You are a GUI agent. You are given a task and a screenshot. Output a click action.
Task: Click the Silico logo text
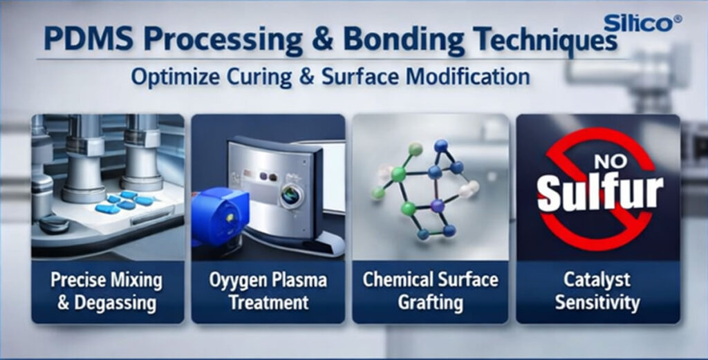click(x=637, y=23)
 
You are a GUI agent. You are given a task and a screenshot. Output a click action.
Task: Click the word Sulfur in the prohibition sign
click(x=600, y=191)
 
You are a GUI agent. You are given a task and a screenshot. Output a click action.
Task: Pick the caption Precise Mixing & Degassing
click(x=106, y=291)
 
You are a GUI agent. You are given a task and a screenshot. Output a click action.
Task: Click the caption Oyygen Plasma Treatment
click(x=268, y=291)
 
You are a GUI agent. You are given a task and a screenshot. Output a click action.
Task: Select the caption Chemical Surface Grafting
click(x=430, y=291)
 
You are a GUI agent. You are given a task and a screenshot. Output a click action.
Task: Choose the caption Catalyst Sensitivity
click(x=597, y=291)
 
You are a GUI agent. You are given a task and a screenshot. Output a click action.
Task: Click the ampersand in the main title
click(x=324, y=40)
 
